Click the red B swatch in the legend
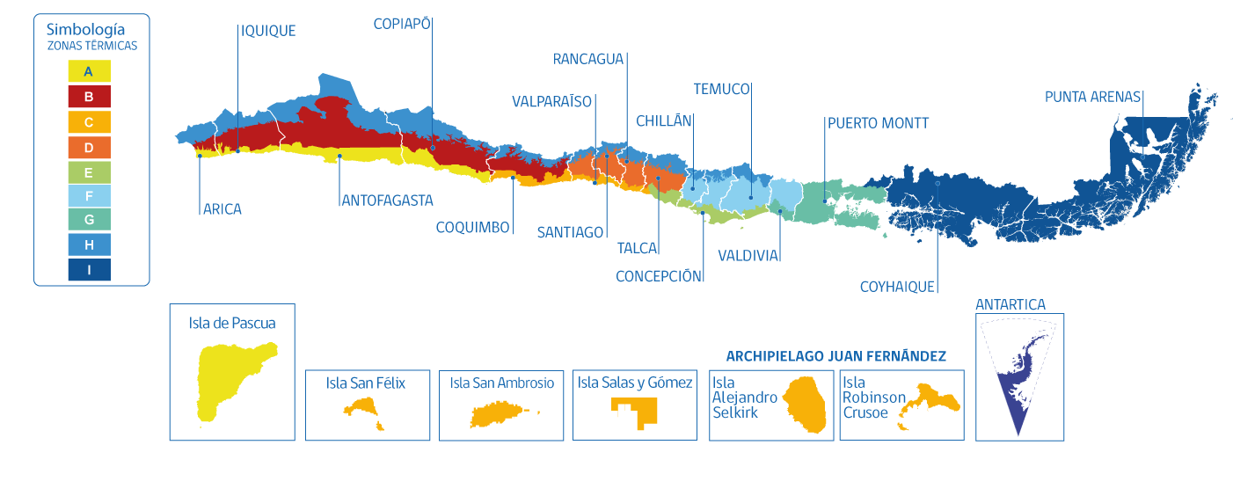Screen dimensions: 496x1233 89,96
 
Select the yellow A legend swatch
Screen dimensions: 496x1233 89,71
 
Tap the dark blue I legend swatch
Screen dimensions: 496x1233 89,269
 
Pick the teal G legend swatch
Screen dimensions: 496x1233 89,220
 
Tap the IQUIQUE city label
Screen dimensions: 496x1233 268,31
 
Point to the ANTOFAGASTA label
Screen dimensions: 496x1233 387,201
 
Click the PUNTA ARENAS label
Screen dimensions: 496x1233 1092,97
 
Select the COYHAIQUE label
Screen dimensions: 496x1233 897,287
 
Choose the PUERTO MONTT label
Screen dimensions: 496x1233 877,123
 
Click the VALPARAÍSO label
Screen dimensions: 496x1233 552,102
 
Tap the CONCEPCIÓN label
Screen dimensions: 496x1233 660,276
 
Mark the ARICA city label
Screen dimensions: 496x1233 222,209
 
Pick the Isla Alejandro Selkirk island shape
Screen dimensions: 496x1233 806,406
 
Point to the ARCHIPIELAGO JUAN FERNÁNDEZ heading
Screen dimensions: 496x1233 835,356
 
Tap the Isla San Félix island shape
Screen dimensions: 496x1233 363,410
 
